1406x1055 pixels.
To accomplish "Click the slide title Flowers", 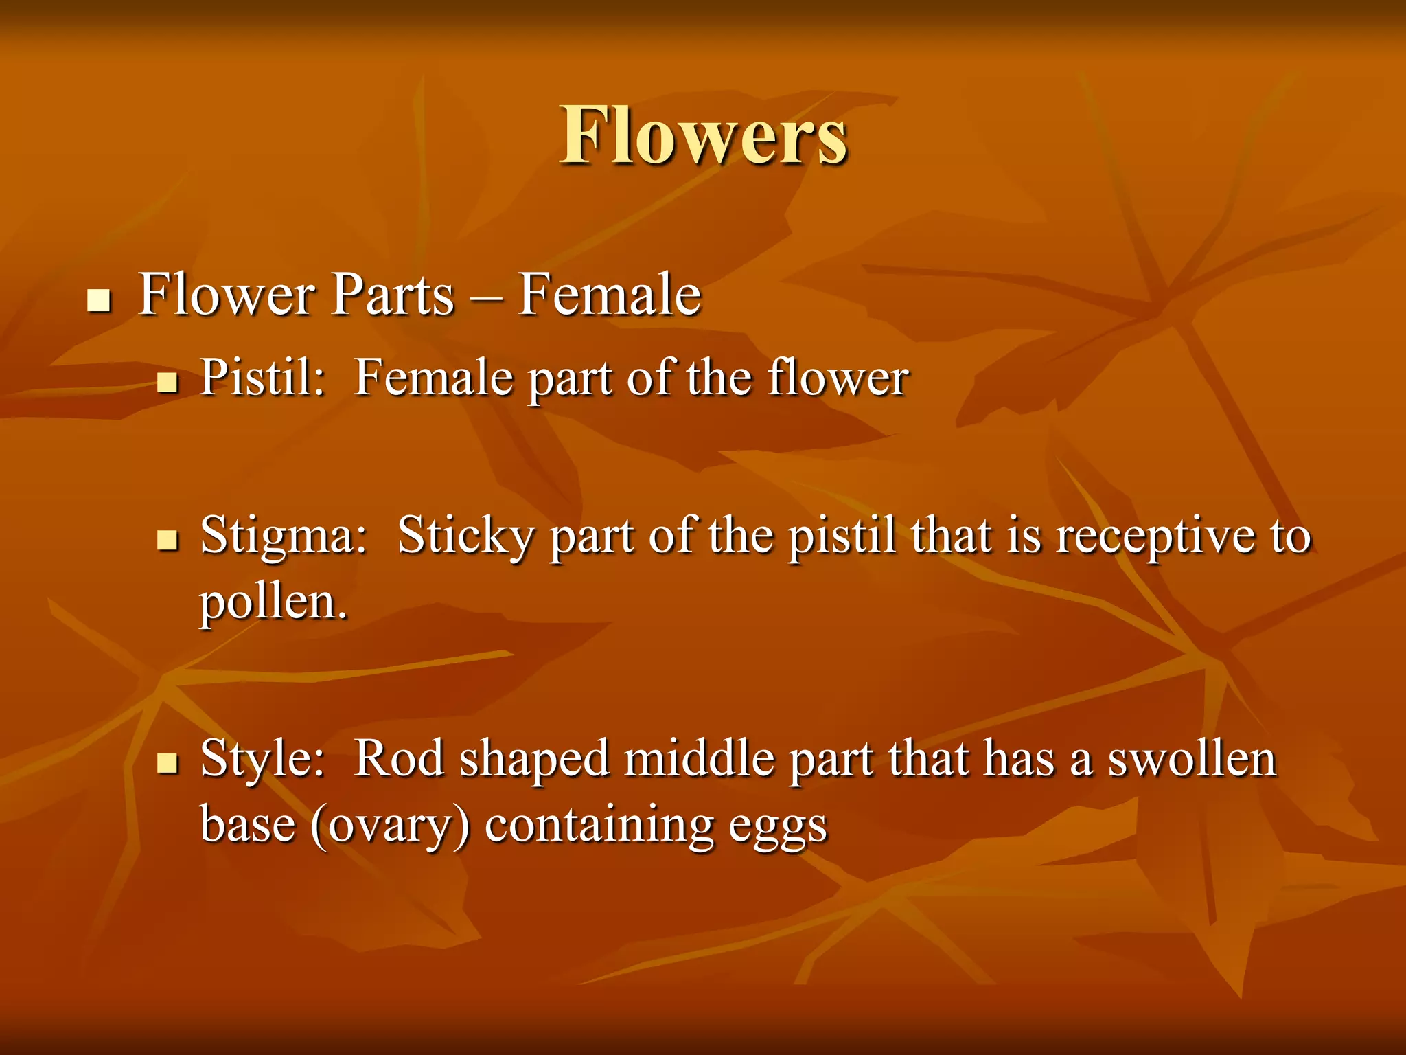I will pos(703,136).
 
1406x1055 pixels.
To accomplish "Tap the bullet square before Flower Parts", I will pos(100,301).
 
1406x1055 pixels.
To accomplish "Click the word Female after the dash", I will pos(609,295).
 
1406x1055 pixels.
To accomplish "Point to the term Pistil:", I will pos(262,378).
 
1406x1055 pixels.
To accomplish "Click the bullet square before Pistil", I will pos(167,382).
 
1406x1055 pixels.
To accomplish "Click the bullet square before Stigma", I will pos(167,541).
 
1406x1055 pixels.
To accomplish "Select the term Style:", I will pos(262,760).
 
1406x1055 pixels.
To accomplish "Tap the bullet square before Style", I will pos(167,763).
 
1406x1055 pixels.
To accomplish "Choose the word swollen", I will pos(1192,758).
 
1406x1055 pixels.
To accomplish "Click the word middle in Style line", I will pos(699,758).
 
